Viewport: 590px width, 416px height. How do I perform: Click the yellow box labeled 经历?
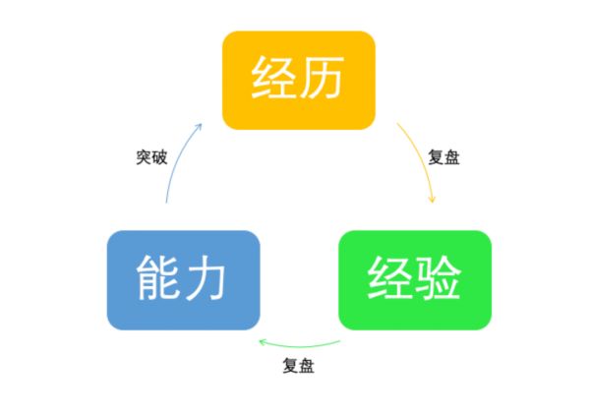[299, 81]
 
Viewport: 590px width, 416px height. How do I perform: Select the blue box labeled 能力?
[184, 280]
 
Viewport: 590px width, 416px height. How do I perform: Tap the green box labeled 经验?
[415, 280]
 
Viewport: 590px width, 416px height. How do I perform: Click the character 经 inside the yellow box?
[273, 77]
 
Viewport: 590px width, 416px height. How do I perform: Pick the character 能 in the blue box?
[157, 278]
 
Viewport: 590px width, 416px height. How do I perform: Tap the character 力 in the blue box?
[205, 278]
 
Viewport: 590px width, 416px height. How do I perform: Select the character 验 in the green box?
[439, 278]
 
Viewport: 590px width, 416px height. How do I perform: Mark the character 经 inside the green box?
[389, 278]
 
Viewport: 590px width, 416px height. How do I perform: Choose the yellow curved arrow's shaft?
[422, 159]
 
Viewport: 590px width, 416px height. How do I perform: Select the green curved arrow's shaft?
[300, 345]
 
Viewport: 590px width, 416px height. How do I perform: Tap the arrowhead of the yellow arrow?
[433, 199]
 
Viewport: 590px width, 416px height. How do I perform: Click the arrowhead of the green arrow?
[263, 342]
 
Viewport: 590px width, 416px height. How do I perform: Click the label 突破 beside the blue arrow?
[151, 157]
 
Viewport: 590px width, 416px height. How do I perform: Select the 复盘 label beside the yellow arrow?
[444, 157]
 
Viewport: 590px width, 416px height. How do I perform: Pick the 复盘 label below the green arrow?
[298, 365]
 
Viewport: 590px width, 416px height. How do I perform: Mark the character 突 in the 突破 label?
[144, 157]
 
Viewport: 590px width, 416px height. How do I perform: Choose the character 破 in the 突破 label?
[160, 157]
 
